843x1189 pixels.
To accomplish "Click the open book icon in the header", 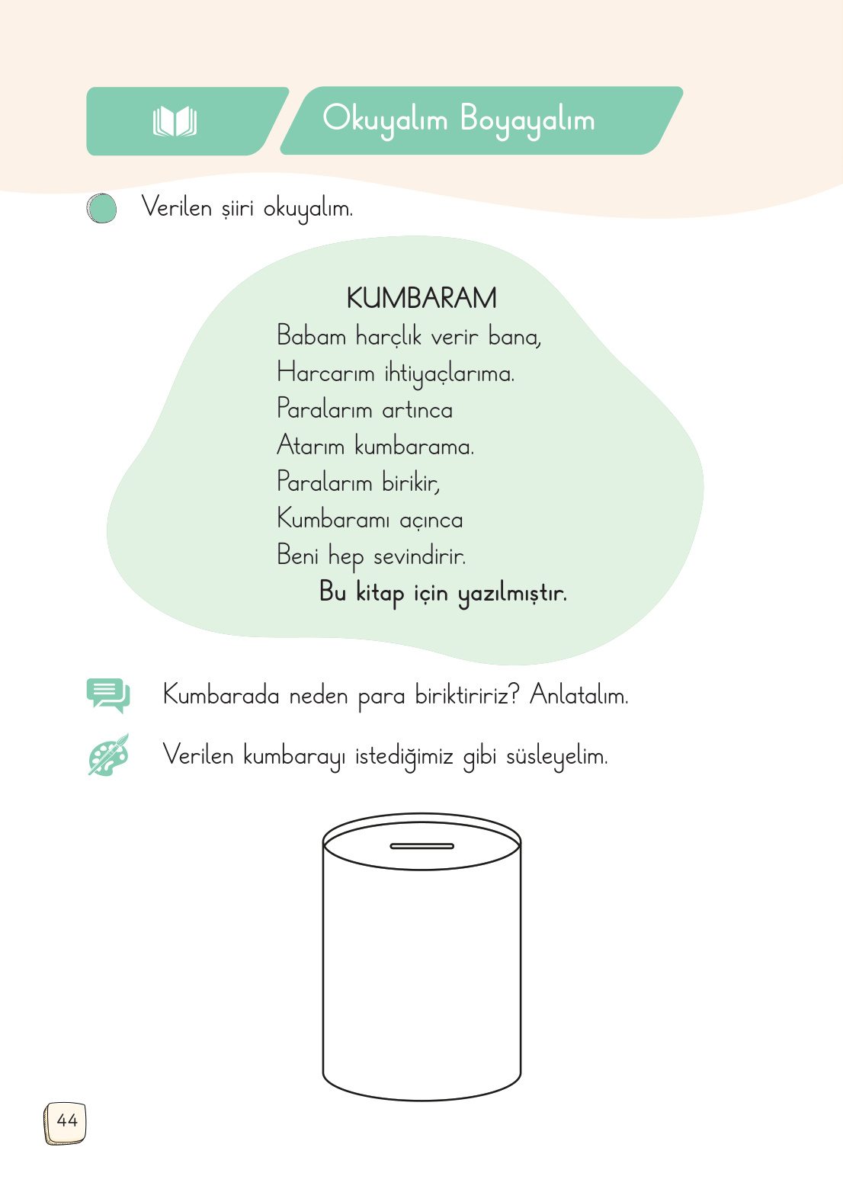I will pyautogui.click(x=175, y=122).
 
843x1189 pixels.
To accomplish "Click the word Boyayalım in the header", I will pyautogui.click(x=527, y=120).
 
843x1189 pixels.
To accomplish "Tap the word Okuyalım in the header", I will pyautogui.click(x=384, y=120).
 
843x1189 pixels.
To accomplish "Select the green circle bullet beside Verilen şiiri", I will pyautogui.click(x=101, y=208).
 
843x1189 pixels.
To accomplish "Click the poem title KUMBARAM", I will pyautogui.click(x=421, y=298).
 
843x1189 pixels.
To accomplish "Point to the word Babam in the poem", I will pyautogui.click(x=311, y=336).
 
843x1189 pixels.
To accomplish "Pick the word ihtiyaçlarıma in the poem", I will pyautogui.click(x=449, y=373).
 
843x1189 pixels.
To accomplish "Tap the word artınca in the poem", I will pyautogui.click(x=417, y=410).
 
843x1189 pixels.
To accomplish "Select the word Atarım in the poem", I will pyautogui.click(x=310, y=446).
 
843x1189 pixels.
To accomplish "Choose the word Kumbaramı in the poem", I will pyautogui.click(x=333, y=519).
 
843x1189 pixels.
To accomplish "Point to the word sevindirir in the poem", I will pyautogui.click(x=419, y=556).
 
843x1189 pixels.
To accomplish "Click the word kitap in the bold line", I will pyautogui.click(x=380, y=593).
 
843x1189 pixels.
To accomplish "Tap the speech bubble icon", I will pyautogui.click(x=107, y=695).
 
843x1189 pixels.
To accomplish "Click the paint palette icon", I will pyautogui.click(x=108, y=755).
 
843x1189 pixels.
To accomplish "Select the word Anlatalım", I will pyautogui.click(x=579, y=695).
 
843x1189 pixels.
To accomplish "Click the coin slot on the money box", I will pyautogui.click(x=421, y=846).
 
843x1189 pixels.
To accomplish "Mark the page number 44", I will pyautogui.click(x=66, y=1121).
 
